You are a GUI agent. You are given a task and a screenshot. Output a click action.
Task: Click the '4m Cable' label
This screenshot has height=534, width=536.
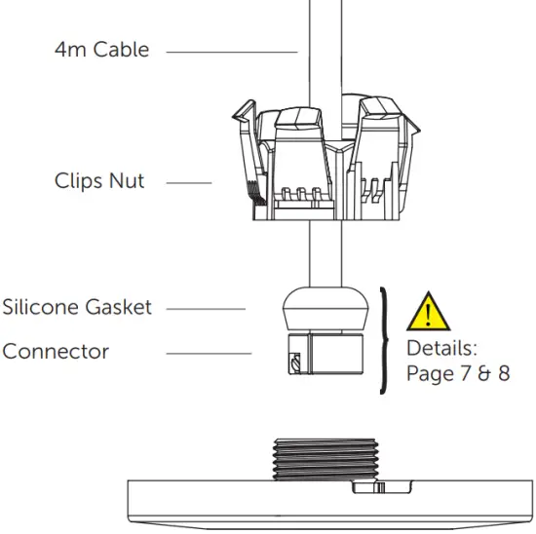pyautogui.click(x=101, y=49)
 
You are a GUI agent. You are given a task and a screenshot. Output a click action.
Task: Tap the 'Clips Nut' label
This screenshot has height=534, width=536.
pyautogui.click(x=99, y=181)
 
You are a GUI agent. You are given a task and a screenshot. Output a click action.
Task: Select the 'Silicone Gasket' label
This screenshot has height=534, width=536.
pyautogui.click(x=77, y=308)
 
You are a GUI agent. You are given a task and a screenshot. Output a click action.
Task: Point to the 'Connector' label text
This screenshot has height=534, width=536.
pyautogui.click(x=55, y=351)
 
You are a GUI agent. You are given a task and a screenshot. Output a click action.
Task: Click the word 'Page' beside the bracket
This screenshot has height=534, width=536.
pyautogui.click(x=429, y=373)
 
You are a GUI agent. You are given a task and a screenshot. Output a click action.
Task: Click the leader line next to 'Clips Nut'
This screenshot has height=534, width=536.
pyautogui.click(x=195, y=182)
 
